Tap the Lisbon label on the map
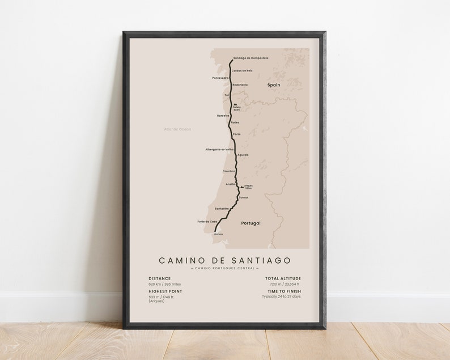[x=218, y=234]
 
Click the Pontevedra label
[x=220, y=78]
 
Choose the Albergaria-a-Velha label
[x=219, y=150]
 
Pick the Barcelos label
[x=223, y=116]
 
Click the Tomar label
[x=244, y=198]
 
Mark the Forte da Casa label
[x=207, y=221]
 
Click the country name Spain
[x=274, y=84]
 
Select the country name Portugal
[x=251, y=223]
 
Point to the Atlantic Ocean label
[x=177, y=129]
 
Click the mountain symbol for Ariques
[x=242, y=185]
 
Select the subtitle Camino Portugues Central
[x=224, y=268]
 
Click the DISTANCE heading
[x=159, y=278]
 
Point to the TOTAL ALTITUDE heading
[x=283, y=278]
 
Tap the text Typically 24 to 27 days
[x=281, y=297]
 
